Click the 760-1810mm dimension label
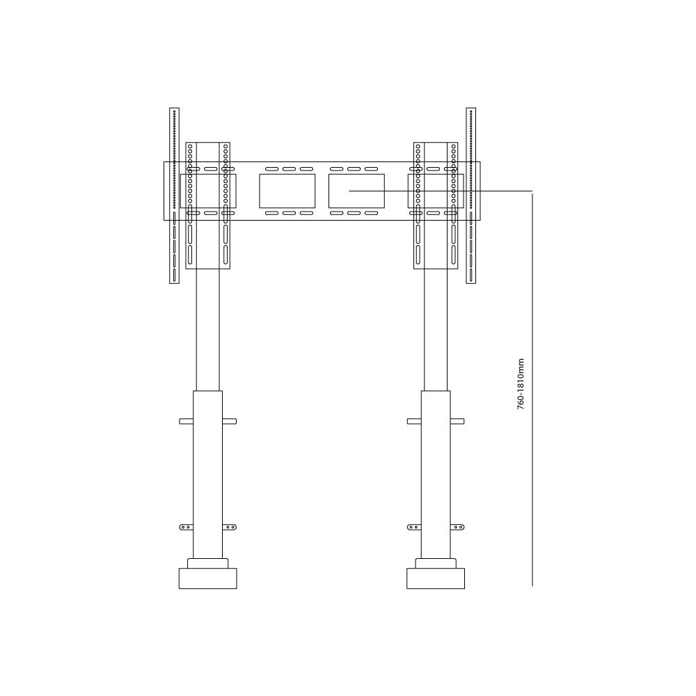coord(521,384)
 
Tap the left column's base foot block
coord(207,578)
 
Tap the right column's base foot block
coord(436,578)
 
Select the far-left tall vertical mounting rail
coord(174,196)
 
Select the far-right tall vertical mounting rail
coord(471,196)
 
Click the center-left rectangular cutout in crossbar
coord(287,191)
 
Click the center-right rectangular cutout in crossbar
coord(356,191)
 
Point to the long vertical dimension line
coord(532,389)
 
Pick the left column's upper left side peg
coord(186,421)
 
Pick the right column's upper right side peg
coord(457,421)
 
